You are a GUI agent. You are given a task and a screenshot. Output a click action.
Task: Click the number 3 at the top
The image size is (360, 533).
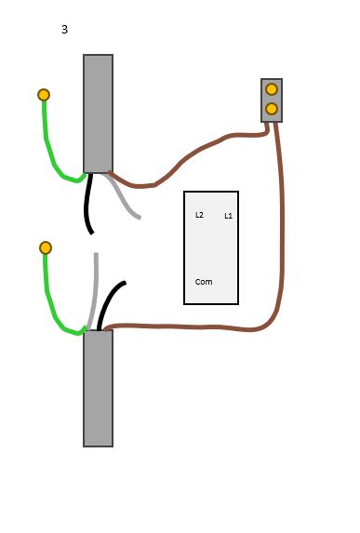coord(64,30)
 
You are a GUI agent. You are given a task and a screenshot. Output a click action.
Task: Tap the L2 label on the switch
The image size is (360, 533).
coord(199,215)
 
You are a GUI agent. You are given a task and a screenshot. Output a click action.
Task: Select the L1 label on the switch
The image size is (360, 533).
coord(229,216)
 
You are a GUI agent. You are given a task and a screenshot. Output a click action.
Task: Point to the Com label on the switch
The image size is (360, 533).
coord(203,282)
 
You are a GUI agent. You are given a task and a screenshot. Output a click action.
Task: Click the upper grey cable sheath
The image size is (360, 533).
coord(98,113)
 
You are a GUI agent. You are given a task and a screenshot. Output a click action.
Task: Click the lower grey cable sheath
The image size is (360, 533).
coord(98,388)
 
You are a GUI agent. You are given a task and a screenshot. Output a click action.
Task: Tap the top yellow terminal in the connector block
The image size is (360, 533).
coord(272,89)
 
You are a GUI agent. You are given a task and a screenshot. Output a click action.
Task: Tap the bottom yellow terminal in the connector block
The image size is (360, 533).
coord(272,109)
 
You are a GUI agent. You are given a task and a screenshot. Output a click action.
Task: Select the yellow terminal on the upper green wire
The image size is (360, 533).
coord(44,95)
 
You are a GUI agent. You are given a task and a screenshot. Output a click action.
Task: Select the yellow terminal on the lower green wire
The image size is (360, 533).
coord(46,247)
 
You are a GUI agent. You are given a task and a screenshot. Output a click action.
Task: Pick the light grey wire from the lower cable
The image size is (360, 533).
coord(94,288)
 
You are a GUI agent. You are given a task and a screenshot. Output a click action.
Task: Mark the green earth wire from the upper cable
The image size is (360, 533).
coord(49,149)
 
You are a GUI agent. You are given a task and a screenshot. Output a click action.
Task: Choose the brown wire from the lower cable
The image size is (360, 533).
coord(186,326)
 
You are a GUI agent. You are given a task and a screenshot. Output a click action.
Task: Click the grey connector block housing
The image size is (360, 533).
coord(263,100)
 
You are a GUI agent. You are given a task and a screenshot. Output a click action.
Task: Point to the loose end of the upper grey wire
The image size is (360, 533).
coord(139,218)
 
